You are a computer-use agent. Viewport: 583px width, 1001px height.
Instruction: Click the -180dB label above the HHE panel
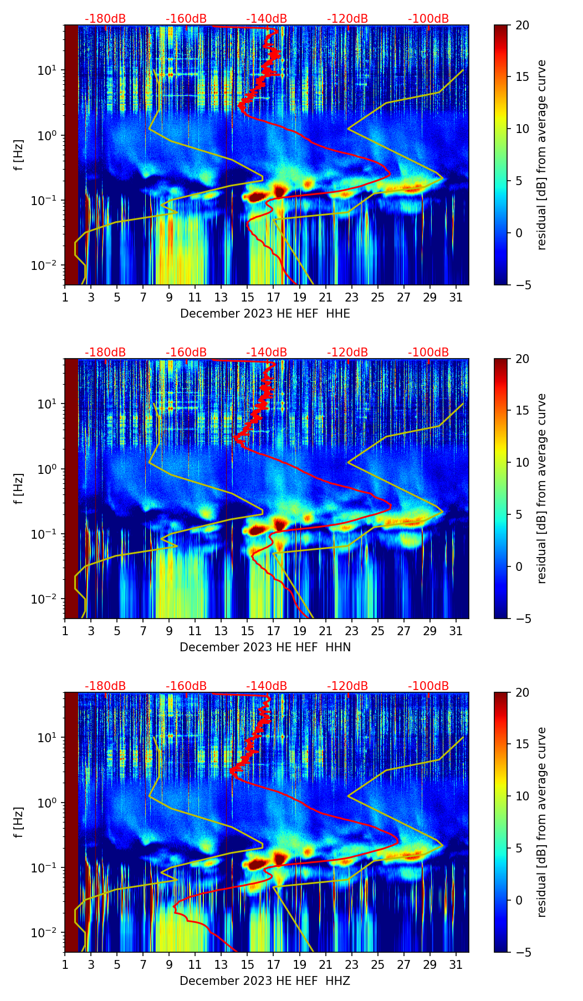click(x=105, y=19)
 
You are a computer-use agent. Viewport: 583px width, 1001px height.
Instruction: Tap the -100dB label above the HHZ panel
click(x=428, y=686)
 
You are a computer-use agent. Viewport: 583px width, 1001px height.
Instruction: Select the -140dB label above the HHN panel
click(x=267, y=353)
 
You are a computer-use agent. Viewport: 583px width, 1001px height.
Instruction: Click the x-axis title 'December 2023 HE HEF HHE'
click(x=265, y=314)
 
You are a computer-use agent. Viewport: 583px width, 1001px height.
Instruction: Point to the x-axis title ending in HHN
click(x=265, y=647)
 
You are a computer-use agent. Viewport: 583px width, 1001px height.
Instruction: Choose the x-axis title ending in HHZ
click(x=265, y=981)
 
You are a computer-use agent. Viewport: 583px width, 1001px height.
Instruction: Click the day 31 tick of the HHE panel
click(x=456, y=298)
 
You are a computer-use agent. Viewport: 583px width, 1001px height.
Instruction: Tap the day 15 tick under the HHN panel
click(x=248, y=631)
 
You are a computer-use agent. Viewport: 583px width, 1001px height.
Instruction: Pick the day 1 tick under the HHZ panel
click(x=65, y=965)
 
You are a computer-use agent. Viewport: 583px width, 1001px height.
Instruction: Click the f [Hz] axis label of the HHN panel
click(x=19, y=488)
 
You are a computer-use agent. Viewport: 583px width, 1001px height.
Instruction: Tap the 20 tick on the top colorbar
click(x=523, y=25)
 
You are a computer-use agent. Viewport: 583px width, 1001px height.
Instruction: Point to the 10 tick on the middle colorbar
click(x=523, y=462)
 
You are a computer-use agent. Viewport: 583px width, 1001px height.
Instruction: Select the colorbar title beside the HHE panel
click(x=541, y=155)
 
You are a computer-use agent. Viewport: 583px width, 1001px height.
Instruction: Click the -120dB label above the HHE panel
click(x=347, y=19)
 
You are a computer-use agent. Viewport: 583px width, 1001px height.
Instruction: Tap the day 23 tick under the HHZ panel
click(x=352, y=965)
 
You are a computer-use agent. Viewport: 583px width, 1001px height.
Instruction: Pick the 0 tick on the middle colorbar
click(x=519, y=566)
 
